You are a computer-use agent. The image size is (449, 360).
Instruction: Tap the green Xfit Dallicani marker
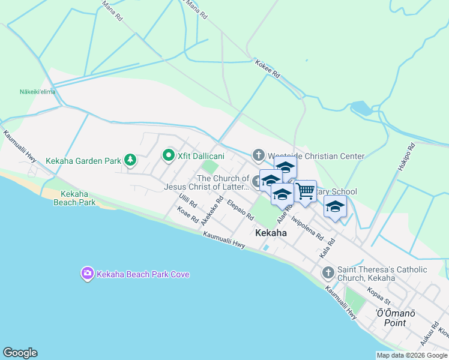[169, 156]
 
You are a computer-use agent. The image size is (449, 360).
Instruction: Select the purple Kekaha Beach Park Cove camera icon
[88, 274]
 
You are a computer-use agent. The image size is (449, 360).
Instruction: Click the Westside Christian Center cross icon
[259, 156]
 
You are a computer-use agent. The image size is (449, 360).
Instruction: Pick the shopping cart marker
[306, 191]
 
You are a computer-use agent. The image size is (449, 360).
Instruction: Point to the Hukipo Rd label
[407, 159]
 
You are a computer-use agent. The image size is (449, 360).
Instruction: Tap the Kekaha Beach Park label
[78, 198]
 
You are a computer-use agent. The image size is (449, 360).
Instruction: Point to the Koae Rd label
[187, 215]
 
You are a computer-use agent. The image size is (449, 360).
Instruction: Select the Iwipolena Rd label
[307, 227]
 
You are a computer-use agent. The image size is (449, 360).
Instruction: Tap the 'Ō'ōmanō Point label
[395, 317]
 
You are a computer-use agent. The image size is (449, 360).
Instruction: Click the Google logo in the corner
[20, 353]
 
